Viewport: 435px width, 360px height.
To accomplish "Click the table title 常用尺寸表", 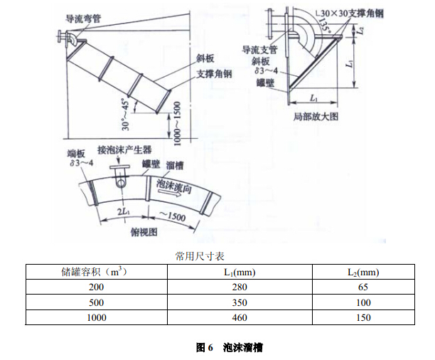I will pos(198,253).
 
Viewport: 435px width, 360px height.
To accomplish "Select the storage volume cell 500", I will pos(96,302).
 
